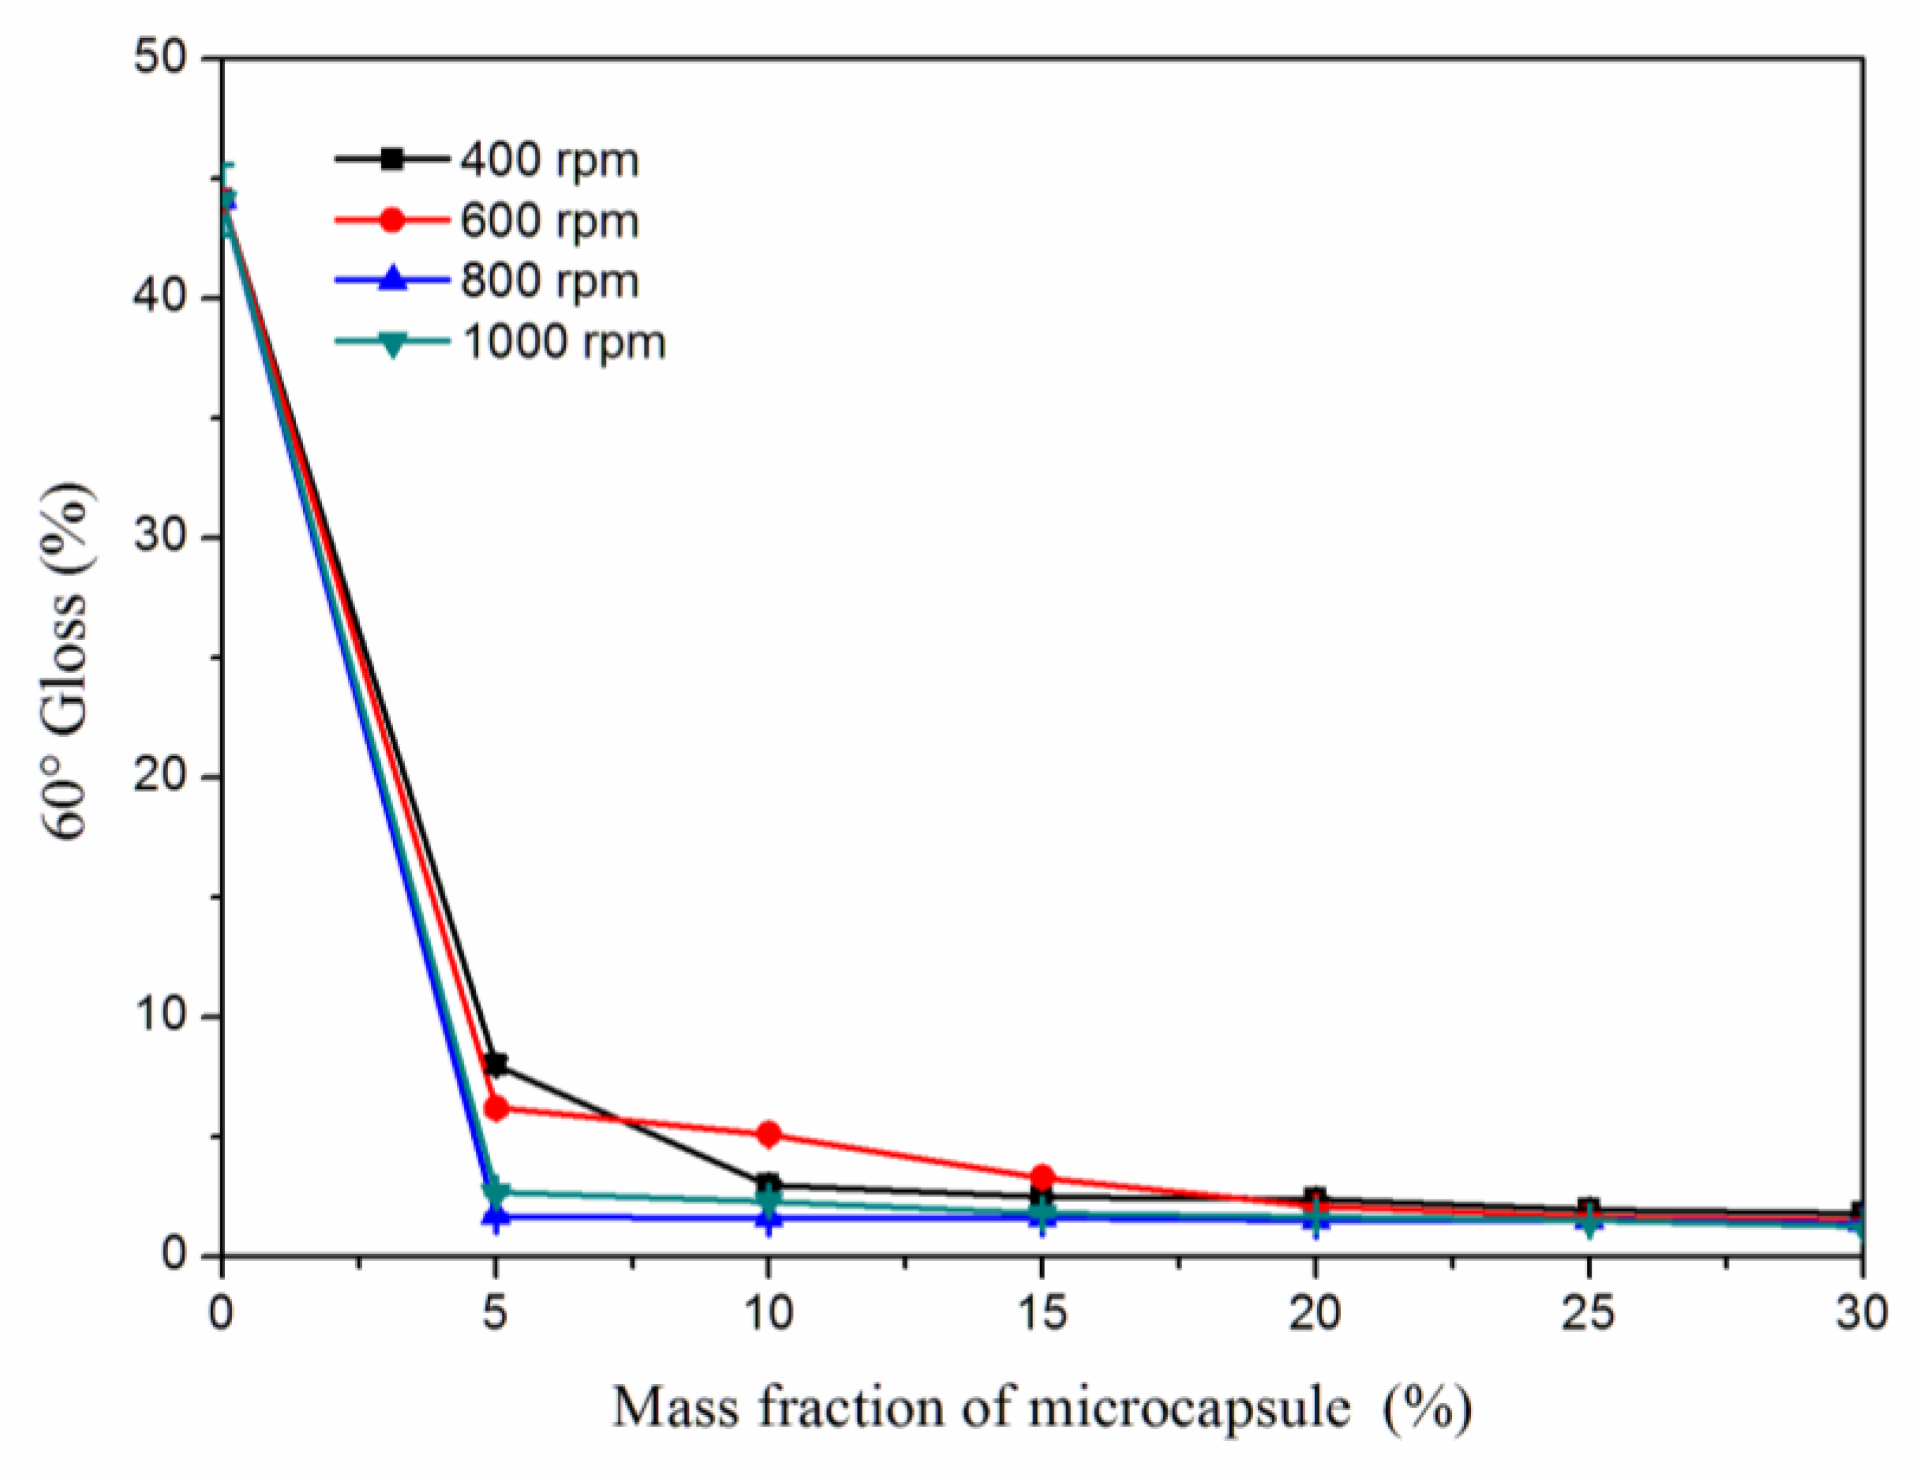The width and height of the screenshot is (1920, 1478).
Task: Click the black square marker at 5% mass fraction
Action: tap(496, 1064)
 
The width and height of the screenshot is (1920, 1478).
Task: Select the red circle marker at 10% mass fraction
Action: tap(769, 1134)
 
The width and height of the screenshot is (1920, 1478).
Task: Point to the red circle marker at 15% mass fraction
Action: tap(1042, 1177)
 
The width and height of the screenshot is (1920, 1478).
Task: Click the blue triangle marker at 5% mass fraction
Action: tap(496, 1218)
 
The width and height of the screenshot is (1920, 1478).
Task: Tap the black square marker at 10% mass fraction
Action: tap(769, 1184)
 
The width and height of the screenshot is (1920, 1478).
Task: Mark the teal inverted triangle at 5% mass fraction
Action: tap(496, 1192)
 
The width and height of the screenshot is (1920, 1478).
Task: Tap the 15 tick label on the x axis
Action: tap(1042, 1314)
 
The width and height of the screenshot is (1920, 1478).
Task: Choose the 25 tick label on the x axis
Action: tap(1589, 1314)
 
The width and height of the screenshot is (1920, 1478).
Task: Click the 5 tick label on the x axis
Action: tap(495, 1314)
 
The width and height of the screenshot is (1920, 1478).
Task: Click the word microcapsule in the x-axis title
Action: tap(1188, 1408)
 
